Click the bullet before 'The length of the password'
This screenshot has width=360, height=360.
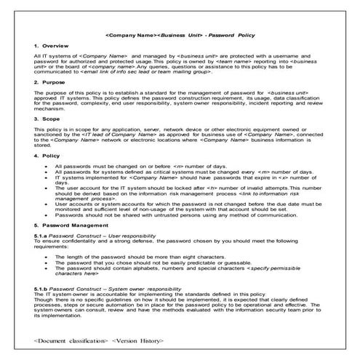(47, 257)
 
